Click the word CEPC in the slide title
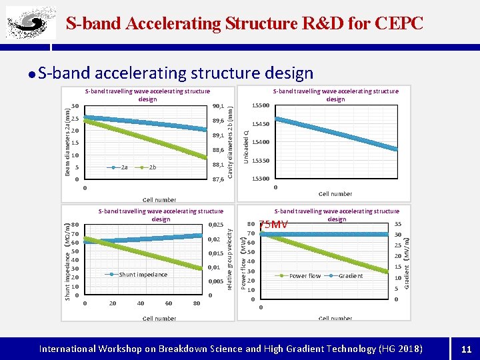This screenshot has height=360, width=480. point(399,23)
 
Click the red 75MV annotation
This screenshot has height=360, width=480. point(273,225)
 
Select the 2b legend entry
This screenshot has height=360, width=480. point(153,167)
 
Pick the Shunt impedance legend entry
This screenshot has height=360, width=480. point(143,274)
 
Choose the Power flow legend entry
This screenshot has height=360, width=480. point(305,275)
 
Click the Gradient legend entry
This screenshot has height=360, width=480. point(351,275)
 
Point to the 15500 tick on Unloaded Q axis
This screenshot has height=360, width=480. point(260,105)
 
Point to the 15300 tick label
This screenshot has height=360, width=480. point(260,179)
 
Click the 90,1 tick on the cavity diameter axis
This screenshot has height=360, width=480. point(218,105)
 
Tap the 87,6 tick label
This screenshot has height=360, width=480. point(218,179)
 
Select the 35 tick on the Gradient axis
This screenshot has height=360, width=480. point(397,225)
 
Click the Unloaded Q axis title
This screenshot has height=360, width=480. point(246,145)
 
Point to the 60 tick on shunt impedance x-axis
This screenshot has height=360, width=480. point(168,303)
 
